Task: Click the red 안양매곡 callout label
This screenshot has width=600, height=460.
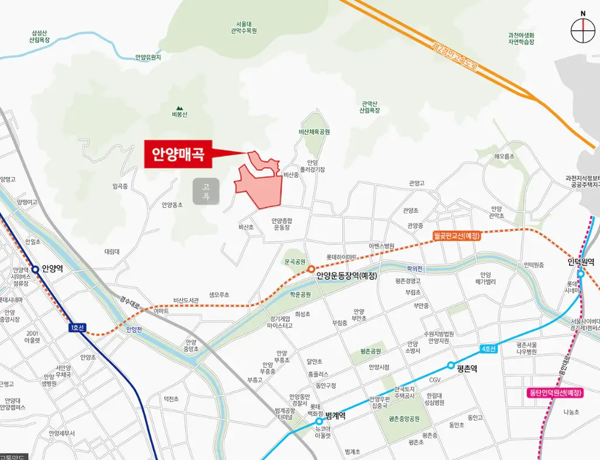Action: pyautogui.click(x=178, y=154)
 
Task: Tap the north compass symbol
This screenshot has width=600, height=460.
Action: pyautogui.click(x=582, y=30)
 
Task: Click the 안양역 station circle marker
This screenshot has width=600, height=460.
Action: pyautogui.click(x=36, y=269)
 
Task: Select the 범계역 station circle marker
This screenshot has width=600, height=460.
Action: pyautogui.click(x=319, y=421)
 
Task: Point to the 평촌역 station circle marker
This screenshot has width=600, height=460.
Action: pyautogui.click(x=450, y=365)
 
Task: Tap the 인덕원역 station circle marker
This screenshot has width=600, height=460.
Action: pyautogui.click(x=581, y=274)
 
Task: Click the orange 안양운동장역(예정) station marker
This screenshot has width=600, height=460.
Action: pyautogui.click(x=311, y=269)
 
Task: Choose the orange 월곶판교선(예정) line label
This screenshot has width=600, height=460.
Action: pyautogui.click(x=457, y=236)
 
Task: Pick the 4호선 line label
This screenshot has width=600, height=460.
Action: pyautogui.click(x=488, y=349)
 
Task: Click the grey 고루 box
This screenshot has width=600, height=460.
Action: pyautogui.click(x=206, y=191)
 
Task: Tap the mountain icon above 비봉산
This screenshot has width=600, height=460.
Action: pyautogui.click(x=179, y=108)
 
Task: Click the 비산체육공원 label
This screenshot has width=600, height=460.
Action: pyautogui.click(x=314, y=133)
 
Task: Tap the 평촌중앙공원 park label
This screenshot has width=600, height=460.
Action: pyautogui.click(x=405, y=419)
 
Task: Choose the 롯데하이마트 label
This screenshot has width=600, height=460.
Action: pyautogui.click(x=342, y=257)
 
